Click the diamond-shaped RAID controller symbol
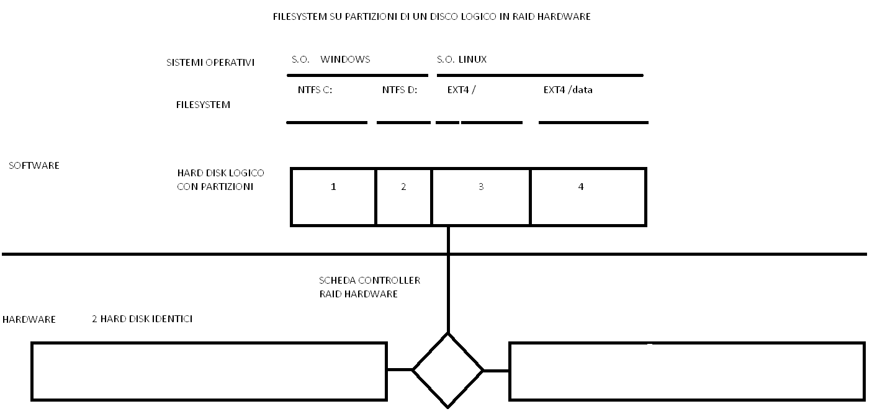tap(447, 334)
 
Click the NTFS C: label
tap(315, 90)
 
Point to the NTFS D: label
tap(399, 90)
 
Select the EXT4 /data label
tap(568, 90)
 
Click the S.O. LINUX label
tap(462, 59)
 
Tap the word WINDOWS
tap(345, 59)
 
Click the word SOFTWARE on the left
tap(34, 165)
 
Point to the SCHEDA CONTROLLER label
tap(369, 280)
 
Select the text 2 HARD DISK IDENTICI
tap(142, 319)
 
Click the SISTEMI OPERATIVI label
tap(210, 63)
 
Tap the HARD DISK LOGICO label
tap(220, 173)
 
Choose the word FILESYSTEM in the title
tap(300, 16)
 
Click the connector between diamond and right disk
tap(497, 371)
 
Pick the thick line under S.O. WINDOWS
tap(357, 75)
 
